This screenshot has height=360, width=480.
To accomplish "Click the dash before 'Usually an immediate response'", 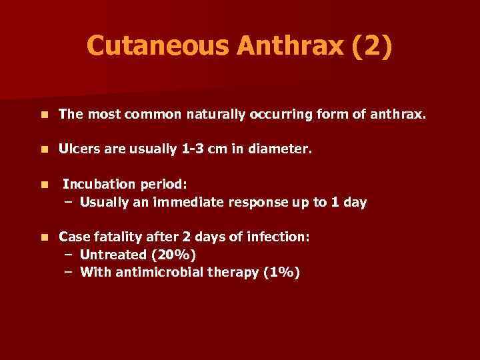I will [68, 202].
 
